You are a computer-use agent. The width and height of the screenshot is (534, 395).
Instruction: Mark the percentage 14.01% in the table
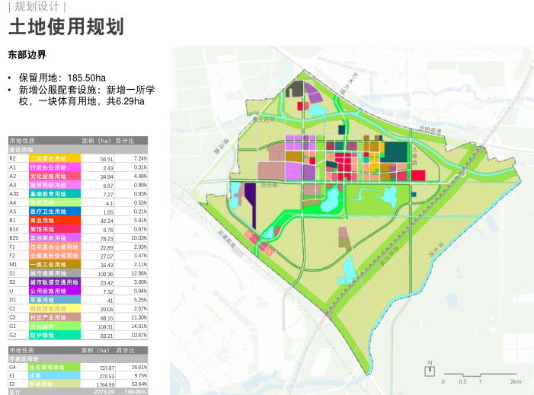[x=139, y=327]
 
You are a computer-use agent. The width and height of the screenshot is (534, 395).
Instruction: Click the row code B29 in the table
[x=14, y=237]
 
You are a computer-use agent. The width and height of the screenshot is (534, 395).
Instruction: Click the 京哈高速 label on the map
[x=430, y=131]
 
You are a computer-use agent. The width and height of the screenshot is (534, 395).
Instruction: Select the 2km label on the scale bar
[x=516, y=381]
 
